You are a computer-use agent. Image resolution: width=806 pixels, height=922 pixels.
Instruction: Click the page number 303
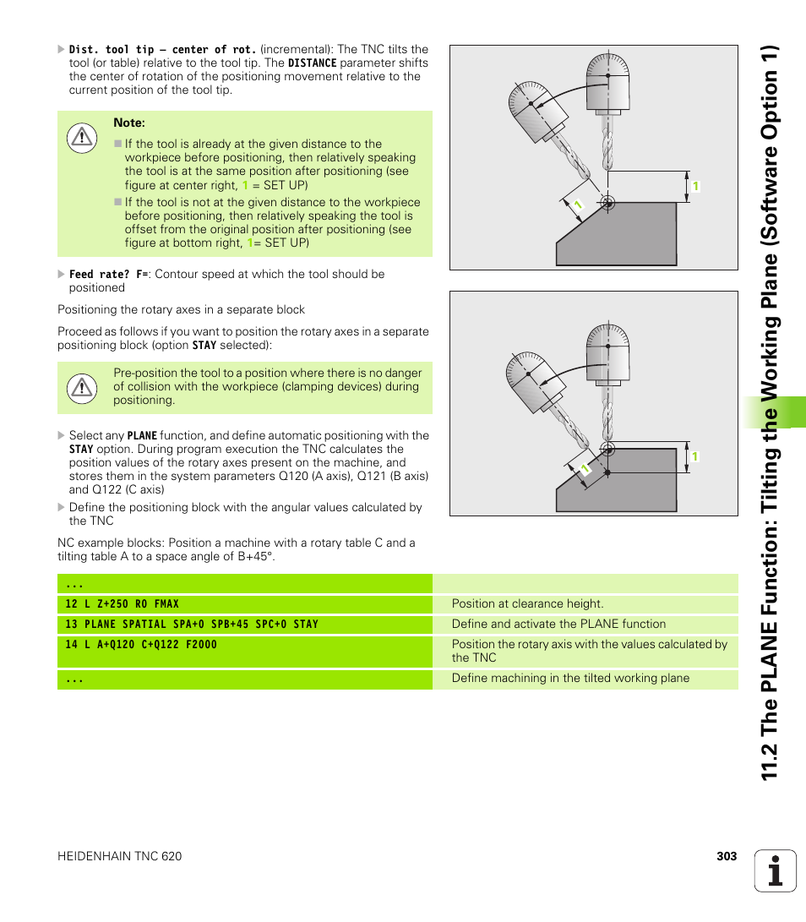(x=727, y=856)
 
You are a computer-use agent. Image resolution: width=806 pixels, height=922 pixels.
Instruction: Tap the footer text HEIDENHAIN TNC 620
(x=119, y=856)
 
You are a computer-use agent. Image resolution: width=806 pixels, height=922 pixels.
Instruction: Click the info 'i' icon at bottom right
(x=775, y=870)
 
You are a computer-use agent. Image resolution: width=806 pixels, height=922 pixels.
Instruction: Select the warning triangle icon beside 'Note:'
(x=82, y=137)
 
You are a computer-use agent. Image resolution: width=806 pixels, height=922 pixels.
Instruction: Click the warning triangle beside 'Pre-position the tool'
(x=82, y=387)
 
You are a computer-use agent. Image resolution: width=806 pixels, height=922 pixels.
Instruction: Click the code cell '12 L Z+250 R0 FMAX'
(x=123, y=604)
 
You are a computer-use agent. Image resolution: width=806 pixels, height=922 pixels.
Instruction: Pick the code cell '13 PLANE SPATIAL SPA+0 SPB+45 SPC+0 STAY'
(x=192, y=625)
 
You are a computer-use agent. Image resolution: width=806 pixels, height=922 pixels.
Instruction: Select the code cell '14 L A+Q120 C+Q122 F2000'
(x=141, y=645)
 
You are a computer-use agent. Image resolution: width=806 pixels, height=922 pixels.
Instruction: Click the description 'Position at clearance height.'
(x=527, y=604)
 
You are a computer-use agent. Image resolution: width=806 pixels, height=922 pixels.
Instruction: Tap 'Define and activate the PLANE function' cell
(x=558, y=625)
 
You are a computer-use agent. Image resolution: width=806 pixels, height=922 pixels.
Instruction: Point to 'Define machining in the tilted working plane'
(x=570, y=679)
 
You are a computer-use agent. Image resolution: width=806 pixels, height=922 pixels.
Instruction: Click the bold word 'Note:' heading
(x=129, y=123)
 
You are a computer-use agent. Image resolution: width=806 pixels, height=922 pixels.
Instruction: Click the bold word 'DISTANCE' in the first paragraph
(x=312, y=63)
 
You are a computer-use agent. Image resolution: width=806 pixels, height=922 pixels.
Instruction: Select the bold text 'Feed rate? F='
(x=108, y=275)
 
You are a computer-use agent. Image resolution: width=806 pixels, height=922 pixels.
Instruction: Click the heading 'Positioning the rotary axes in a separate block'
(x=181, y=309)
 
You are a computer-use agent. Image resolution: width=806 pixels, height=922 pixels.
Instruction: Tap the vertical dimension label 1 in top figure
(x=695, y=186)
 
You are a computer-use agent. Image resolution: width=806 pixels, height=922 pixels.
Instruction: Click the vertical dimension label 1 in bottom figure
(x=694, y=456)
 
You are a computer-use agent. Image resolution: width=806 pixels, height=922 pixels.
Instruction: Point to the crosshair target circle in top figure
(x=606, y=202)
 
